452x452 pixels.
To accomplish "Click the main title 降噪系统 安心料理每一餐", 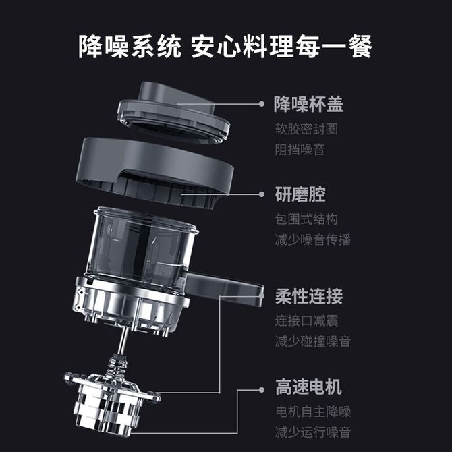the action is click(225, 47).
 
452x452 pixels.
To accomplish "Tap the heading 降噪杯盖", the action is click(308, 104).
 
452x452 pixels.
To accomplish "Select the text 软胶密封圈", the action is click(306, 129).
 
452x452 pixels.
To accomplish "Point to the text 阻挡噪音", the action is click(300, 150).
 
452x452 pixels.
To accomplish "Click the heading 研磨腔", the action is click(300, 194).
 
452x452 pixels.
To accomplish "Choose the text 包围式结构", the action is click(306, 219).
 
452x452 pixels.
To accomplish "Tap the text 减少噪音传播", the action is click(313, 240).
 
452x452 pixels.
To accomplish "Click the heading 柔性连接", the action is click(309, 296).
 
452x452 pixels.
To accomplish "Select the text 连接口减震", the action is click(306, 321).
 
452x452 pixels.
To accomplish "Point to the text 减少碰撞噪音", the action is click(313, 341).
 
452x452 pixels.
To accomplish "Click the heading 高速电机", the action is click(308, 387).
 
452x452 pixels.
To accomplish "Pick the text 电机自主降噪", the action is click(313, 412).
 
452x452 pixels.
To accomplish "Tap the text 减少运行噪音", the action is click(313, 432).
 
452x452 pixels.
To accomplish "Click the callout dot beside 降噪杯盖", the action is click(262, 104).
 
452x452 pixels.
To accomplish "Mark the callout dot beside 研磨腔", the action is click(262, 194).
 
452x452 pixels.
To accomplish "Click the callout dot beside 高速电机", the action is click(262, 390).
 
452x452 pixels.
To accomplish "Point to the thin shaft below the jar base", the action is click(123, 341).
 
